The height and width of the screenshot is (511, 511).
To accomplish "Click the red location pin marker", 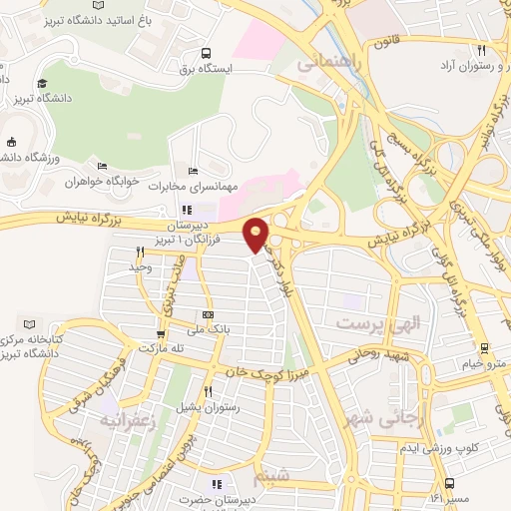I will pyautogui.click(x=256, y=235).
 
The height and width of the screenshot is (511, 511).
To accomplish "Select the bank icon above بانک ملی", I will pyautogui.click(x=208, y=314).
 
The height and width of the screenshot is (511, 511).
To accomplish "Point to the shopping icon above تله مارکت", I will pyautogui.click(x=161, y=334).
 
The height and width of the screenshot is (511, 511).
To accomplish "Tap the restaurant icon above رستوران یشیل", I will pyautogui.click(x=208, y=392).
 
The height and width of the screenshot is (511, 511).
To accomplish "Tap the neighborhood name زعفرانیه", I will pyautogui.click(x=131, y=421).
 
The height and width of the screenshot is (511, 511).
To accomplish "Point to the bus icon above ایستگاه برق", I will pyautogui.click(x=206, y=53).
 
